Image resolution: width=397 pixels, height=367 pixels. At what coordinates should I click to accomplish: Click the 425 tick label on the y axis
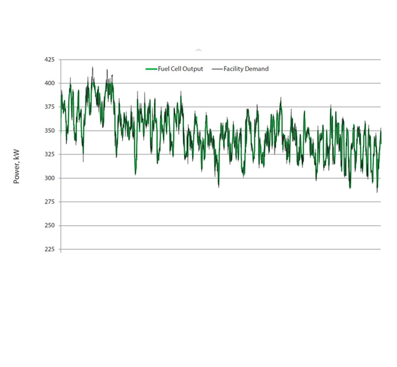pyautogui.click(x=49, y=60)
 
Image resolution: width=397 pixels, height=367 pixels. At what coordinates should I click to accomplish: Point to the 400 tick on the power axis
pyautogui.click(x=49, y=83)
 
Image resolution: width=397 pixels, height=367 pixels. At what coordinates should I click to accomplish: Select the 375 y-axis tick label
pyautogui.click(x=49, y=107)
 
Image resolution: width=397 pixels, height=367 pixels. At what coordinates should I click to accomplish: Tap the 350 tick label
pyautogui.click(x=49, y=131)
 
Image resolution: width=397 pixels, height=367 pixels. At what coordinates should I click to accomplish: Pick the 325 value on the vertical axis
pyautogui.click(x=49, y=154)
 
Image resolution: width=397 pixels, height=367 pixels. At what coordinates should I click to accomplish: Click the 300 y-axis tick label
pyautogui.click(x=49, y=178)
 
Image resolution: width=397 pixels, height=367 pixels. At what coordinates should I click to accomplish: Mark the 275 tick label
pyautogui.click(x=49, y=202)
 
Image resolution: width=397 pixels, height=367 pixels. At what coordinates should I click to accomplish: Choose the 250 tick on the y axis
pyautogui.click(x=49, y=226)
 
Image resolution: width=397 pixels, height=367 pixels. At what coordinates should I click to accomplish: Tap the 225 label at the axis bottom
pyautogui.click(x=49, y=249)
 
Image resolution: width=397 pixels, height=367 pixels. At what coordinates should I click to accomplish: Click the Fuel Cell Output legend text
pyautogui.click(x=180, y=69)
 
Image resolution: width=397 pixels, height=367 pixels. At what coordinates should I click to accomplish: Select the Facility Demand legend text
pyautogui.click(x=246, y=69)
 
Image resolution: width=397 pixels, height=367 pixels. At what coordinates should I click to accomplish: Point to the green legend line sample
pyautogui.click(x=151, y=69)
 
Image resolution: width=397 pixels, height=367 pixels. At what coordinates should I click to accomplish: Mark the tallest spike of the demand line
pyautogui.click(x=93, y=67)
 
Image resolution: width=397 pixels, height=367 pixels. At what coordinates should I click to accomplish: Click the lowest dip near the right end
pyautogui.click(x=377, y=192)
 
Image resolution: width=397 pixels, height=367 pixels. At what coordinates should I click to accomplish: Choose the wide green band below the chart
pyautogui.click(x=198, y=276)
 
